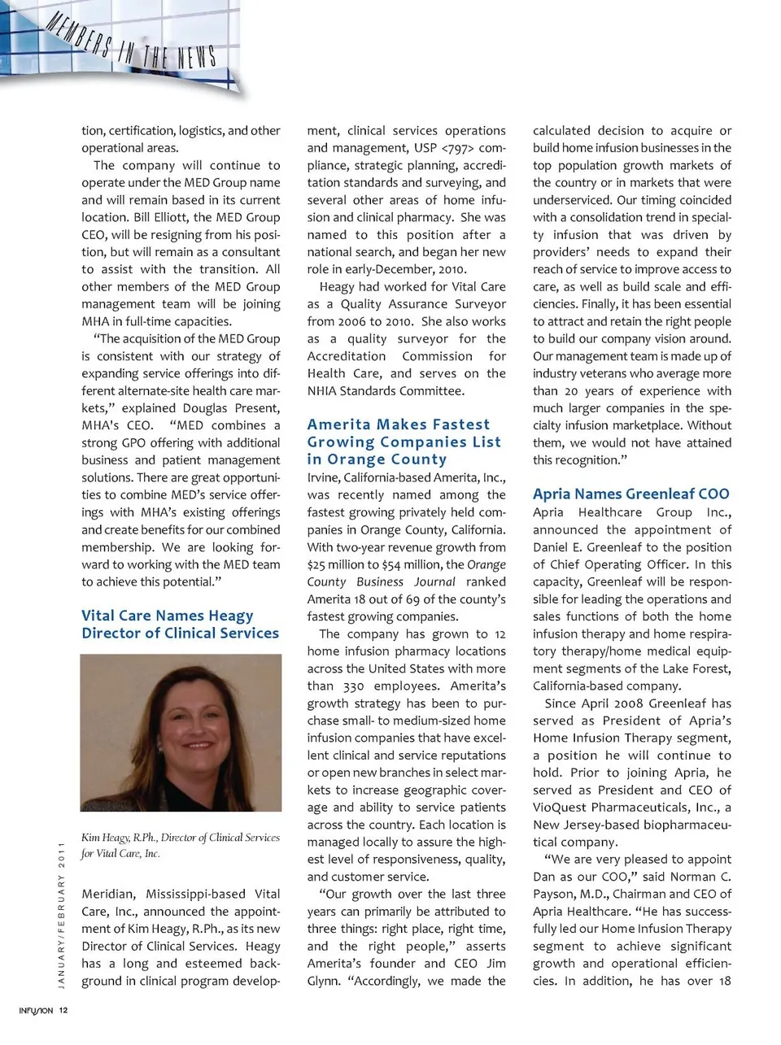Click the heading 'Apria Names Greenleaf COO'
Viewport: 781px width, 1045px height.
(x=631, y=494)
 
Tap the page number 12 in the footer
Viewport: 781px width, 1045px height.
(x=63, y=1010)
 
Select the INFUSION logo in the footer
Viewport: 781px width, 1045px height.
(x=36, y=1010)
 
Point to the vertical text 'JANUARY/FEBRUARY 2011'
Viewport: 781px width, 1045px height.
(x=61, y=915)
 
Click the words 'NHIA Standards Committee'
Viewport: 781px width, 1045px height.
(x=386, y=391)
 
